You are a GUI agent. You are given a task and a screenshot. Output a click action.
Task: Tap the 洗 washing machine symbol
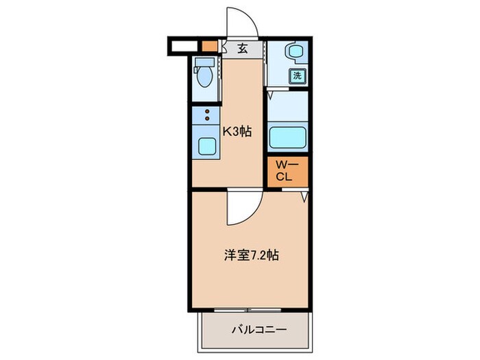[298, 76]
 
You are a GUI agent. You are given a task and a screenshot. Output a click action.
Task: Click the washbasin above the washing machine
[293, 53]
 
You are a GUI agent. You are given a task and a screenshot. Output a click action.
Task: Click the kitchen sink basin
[205, 145]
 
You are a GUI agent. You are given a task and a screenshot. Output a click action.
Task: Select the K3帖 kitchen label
[236, 132]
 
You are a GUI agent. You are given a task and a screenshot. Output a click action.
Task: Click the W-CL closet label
[285, 171]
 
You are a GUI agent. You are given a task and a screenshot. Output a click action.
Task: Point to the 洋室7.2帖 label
[251, 255]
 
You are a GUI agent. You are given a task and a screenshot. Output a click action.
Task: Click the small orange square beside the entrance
[208, 47]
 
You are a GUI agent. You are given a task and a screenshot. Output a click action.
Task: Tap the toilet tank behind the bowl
[204, 63]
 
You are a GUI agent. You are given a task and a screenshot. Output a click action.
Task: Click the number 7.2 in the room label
[258, 256]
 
